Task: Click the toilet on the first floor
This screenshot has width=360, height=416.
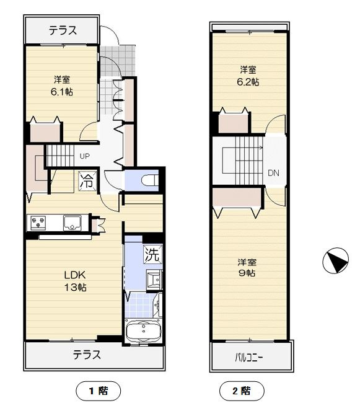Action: point(150,180)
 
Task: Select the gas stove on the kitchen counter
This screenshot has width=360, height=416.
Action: point(38,223)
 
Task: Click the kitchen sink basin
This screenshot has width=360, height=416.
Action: point(72,223)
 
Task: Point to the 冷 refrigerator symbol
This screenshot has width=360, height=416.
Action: point(87,181)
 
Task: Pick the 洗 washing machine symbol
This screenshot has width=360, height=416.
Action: point(153,254)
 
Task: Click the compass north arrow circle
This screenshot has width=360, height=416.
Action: point(336,260)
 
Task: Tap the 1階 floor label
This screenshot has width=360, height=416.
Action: point(99,391)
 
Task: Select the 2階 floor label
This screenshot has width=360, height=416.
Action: point(242,391)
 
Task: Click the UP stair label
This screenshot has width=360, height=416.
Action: point(85,156)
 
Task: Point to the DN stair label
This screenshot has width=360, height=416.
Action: point(274,173)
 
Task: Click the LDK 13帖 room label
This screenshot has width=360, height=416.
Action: point(76,281)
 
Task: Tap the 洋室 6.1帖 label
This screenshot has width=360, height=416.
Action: point(62,86)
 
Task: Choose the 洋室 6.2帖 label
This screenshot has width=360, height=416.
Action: point(248,76)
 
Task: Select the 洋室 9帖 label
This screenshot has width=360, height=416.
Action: point(247,267)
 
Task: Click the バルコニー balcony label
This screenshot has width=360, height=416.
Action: point(249,358)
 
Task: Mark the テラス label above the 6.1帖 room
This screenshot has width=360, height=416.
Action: point(63,30)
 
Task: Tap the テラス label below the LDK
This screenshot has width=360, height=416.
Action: point(87,355)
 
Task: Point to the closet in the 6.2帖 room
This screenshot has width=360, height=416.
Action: point(234,122)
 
